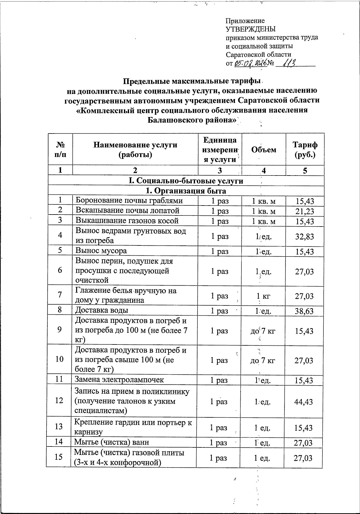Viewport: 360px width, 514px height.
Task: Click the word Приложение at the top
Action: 245,21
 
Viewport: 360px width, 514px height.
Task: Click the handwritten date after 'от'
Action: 250,63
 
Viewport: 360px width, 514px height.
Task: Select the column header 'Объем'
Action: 264,149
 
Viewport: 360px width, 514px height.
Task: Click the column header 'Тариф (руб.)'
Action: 305,150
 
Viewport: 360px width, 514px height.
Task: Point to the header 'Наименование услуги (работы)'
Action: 135,150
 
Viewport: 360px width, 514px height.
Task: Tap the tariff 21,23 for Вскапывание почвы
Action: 304,211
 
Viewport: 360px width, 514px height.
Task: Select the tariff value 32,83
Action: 304,236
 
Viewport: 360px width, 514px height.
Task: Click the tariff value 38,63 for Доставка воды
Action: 304,311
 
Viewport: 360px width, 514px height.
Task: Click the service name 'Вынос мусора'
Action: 101,251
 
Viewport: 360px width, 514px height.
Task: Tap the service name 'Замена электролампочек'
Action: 119,380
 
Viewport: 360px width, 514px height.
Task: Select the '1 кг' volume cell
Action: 263,296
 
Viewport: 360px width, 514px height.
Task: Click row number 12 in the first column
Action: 60,401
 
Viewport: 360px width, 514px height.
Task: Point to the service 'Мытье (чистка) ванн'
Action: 112,442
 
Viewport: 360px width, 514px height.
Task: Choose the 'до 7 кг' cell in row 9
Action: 263,331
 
